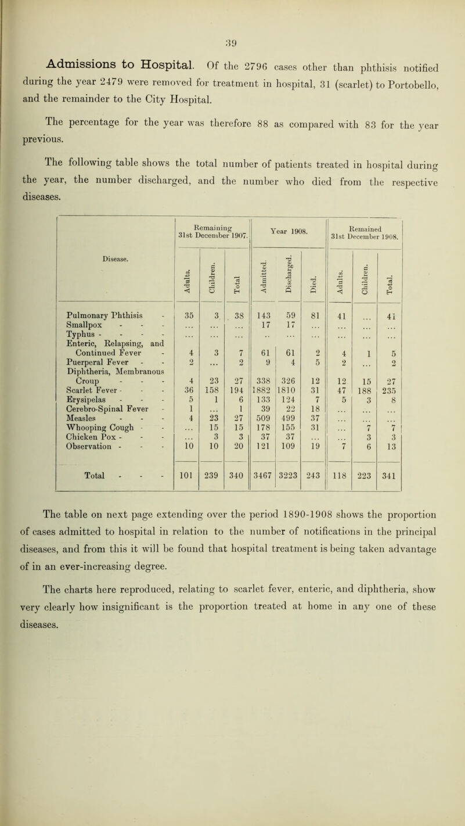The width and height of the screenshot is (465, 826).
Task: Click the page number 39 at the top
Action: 230,9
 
